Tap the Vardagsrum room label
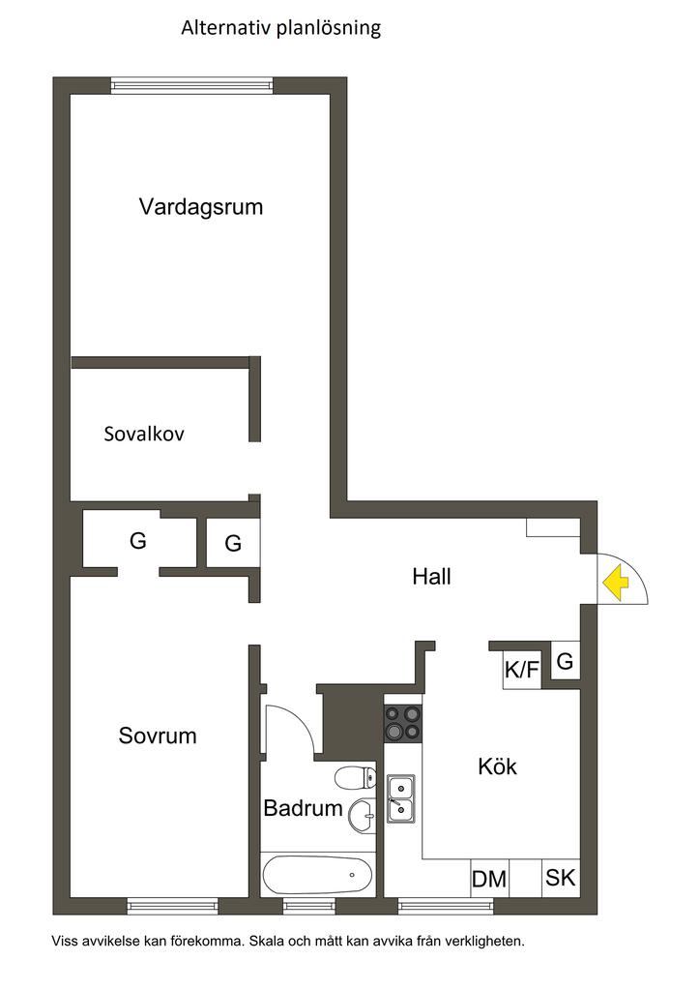tap(201, 206)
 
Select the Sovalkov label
tap(144, 434)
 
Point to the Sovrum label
tap(158, 736)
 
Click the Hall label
tap(431, 577)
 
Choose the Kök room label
tap(498, 767)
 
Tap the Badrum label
tap(303, 808)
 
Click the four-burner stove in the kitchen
tap(404, 723)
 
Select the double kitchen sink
tap(400, 797)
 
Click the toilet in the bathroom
tap(356, 776)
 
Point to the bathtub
tap(317, 875)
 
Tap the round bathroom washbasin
tap(364, 815)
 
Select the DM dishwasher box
tap(489, 879)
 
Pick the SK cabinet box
tap(560, 879)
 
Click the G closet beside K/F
tap(566, 663)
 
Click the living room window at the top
tap(191, 86)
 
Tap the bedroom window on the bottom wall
tap(173, 907)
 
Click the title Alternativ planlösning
tap(281, 28)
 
